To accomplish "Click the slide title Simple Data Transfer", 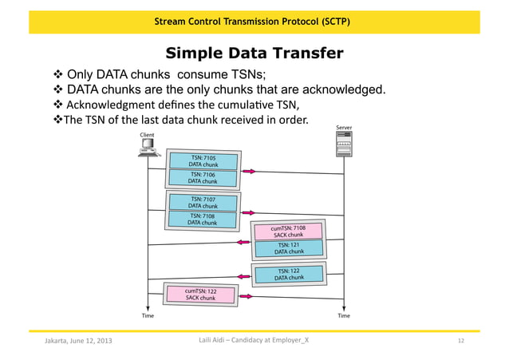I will (x=254, y=53).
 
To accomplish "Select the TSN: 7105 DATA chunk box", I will (x=203, y=161).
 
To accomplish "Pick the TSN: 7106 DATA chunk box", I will (x=203, y=177).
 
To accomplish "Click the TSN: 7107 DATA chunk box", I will (x=203, y=202).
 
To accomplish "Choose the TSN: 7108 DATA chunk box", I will (x=203, y=219).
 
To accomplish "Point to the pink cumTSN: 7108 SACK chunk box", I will (x=288, y=231).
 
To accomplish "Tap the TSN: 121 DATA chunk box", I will (x=289, y=248).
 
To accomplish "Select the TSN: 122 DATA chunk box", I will (x=289, y=274).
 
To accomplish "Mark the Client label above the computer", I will (x=148, y=135).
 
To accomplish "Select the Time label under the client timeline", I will (x=148, y=316).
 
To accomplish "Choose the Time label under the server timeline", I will (x=344, y=316).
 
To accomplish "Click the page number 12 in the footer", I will (x=460, y=342).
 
